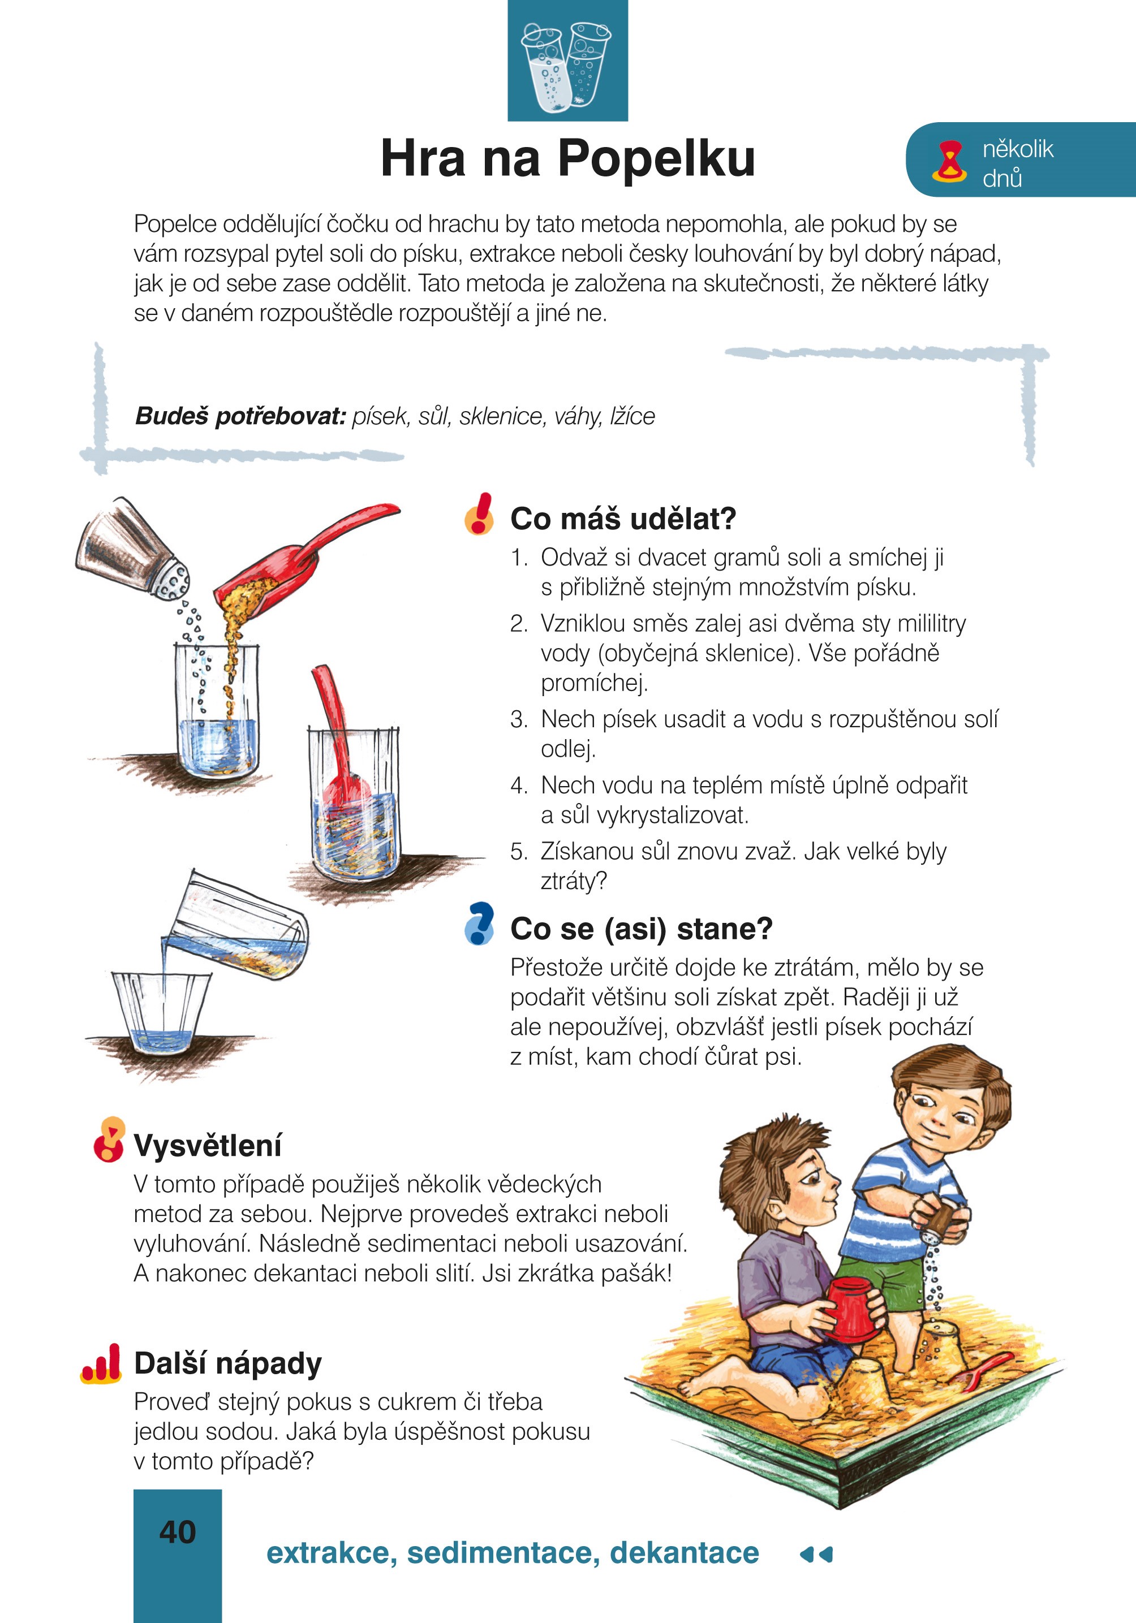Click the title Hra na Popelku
(567, 158)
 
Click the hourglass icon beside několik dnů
(949, 162)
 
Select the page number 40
(178, 1533)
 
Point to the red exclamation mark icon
(480, 514)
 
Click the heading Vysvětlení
(207, 1145)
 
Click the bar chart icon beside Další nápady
(101, 1363)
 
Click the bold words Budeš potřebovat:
(240, 416)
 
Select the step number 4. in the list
(519, 785)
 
